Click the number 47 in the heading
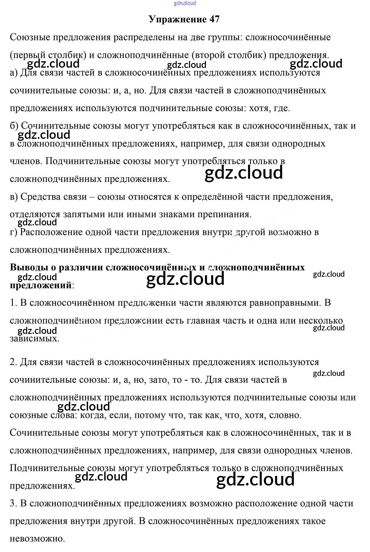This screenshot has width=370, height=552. click(214, 19)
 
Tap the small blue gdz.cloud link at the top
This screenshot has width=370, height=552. click(185, 3)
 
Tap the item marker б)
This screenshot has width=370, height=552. click(14, 126)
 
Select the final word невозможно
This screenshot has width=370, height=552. click(37, 539)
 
